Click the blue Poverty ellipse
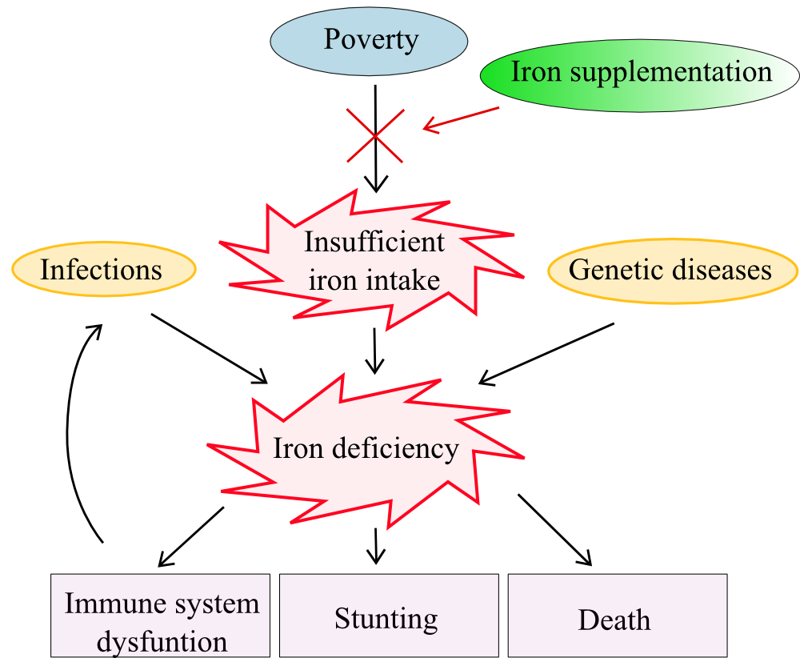tap(369, 40)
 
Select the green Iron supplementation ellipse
tap(640, 75)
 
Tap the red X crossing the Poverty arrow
tap(375, 135)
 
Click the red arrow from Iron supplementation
tap(461, 119)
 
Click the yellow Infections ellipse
tap(103, 269)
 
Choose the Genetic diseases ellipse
tap(673, 271)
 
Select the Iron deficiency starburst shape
tap(366, 449)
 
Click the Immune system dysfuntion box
tap(160, 615)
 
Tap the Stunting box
tap(389, 615)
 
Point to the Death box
tap(618, 615)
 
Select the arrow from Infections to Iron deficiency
tap(209, 349)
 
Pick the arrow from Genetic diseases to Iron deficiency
tap(546, 354)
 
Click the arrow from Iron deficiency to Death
tap(555, 530)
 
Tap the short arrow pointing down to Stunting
tap(376, 546)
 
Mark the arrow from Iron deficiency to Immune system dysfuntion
tap(191, 536)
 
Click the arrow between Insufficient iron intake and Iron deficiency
tap(375, 351)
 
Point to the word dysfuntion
tap(162, 642)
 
